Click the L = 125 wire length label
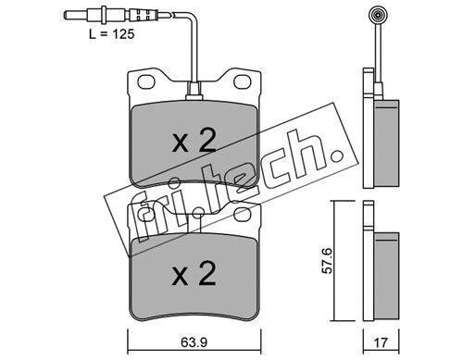(x=112, y=34)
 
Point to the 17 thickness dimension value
(x=381, y=342)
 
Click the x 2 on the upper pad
(x=194, y=143)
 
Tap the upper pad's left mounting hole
(x=145, y=81)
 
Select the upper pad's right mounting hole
(x=242, y=81)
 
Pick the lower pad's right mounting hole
(x=242, y=215)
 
